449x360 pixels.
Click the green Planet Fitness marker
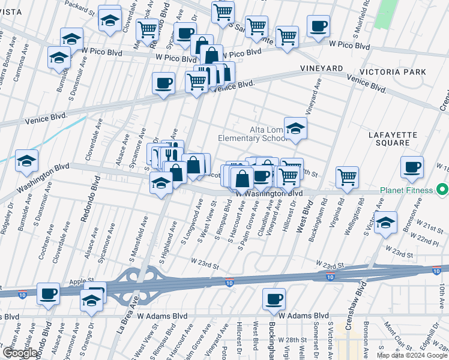[x=443, y=191]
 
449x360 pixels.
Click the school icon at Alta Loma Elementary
[x=295, y=128]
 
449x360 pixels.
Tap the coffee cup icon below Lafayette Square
[x=412, y=167]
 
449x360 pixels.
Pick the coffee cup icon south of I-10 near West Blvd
[x=274, y=298]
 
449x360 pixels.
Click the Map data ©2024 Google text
[x=412, y=355]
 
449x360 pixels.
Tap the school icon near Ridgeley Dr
[x=26, y=161]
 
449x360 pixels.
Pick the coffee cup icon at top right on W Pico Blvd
[x=318, y=26]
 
